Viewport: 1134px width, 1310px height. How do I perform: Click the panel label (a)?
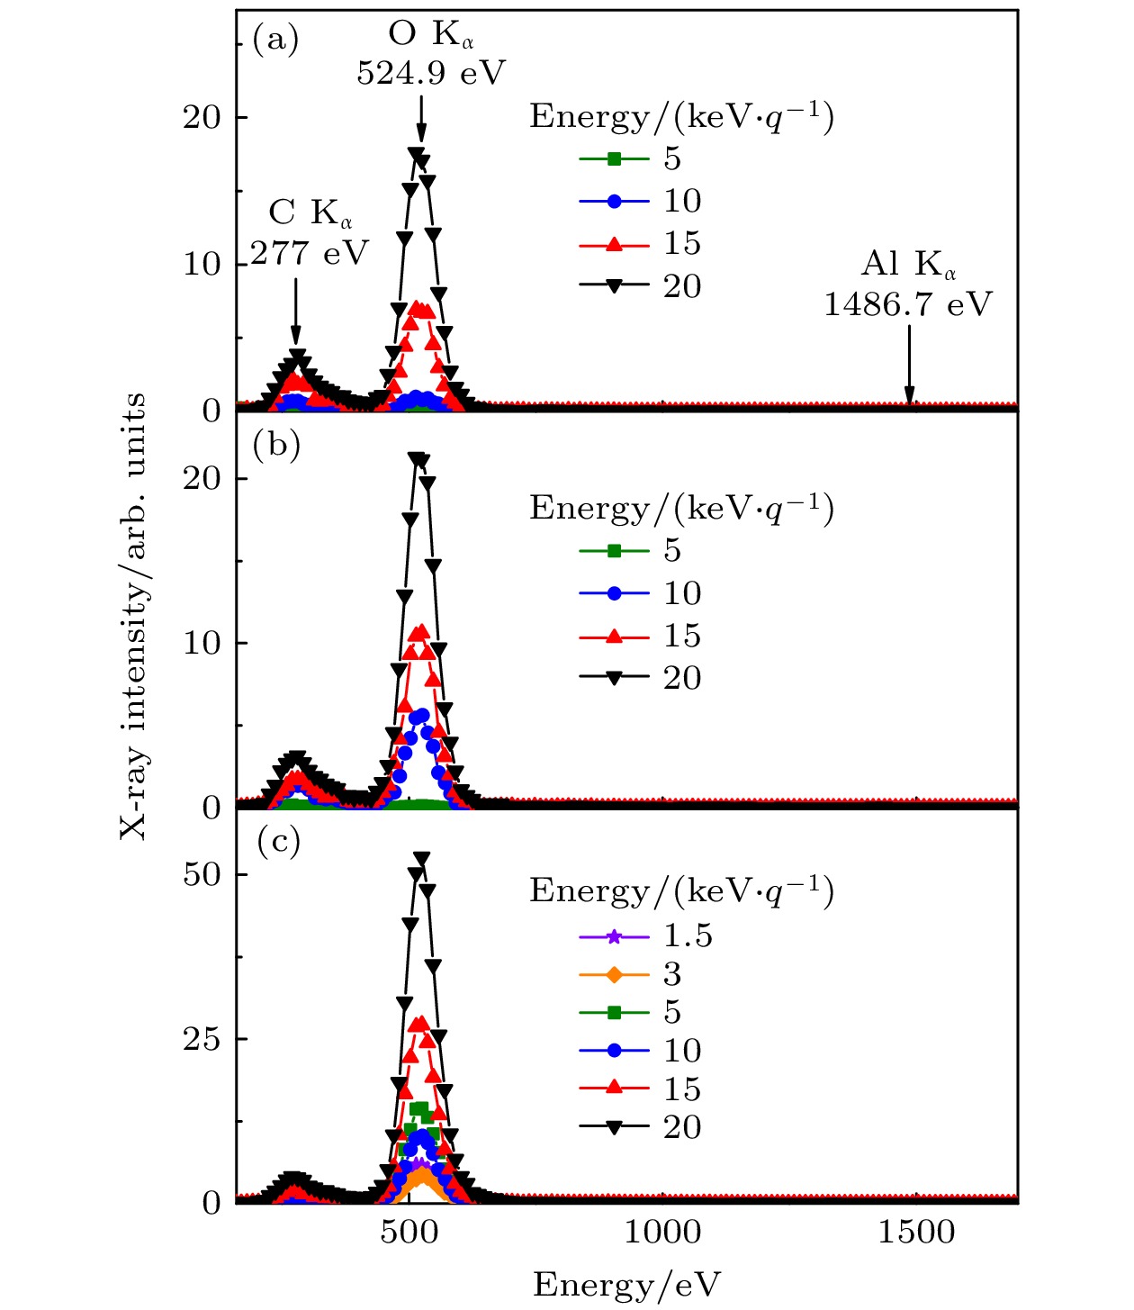click(x=275, y=41)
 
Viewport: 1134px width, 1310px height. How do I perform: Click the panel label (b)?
click(x=276, y=446)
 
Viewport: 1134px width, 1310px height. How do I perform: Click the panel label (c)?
click(x=278, y=842)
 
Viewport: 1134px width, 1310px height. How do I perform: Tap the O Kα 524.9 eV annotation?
click(x=431, y=54)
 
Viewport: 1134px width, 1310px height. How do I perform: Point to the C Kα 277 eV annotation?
click(x=310, y=233)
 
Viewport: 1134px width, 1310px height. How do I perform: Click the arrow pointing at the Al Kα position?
click(x=909, y=365)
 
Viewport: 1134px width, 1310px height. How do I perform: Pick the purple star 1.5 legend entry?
click(x=645, y=936)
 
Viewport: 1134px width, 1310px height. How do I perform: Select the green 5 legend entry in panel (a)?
click(x=630, y=159)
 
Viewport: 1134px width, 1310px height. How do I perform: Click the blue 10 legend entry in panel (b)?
click(x=640, y=593)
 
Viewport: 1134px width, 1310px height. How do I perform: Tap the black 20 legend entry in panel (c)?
click(x=640, y=1127)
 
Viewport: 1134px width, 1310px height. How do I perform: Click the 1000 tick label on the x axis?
click(x=663, y=1233)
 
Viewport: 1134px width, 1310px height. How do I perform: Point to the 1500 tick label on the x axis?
click(x=916, y=1233)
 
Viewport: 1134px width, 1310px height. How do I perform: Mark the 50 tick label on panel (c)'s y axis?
click(x=202, y=874)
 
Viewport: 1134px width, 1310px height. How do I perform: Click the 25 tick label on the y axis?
click(x=202, y=1039)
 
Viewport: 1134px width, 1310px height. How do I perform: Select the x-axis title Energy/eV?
click(x=626, y=1285)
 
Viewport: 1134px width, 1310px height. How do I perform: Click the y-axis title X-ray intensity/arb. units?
click(x=133, y=616)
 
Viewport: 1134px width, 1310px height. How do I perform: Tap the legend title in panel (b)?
click(x=681, y=509)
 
